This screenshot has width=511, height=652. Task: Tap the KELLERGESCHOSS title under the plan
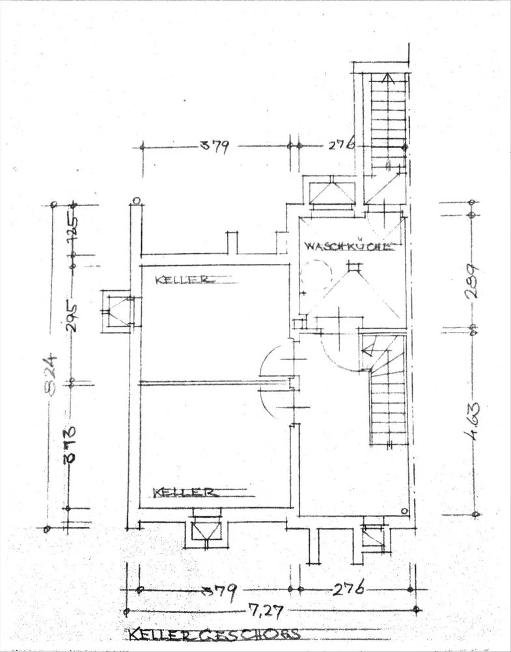214,634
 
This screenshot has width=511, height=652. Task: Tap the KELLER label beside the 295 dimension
182,280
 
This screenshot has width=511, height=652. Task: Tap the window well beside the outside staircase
331,194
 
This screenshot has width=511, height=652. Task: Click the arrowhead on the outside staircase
387,80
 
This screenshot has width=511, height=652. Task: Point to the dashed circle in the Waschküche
316,276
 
